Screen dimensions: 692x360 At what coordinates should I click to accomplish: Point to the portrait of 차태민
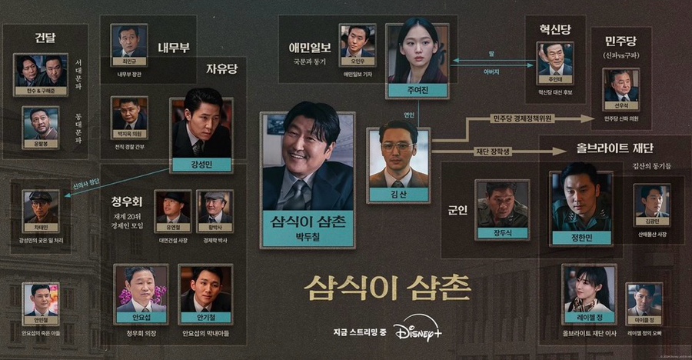tap(41, 206)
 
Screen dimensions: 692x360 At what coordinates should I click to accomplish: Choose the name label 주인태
tap(556, 78)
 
